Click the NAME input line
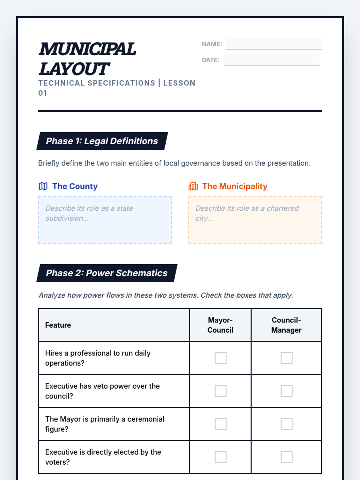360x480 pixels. click(274, 44)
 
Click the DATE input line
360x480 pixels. click(271, 60)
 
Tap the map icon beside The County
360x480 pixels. click(43, 186)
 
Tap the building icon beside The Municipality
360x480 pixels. click(193, 186)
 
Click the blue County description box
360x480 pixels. click(105, 220)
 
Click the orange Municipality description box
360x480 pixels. click(255, 220)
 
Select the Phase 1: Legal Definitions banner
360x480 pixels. click(102, 141)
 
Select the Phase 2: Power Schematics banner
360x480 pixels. click(106, 273)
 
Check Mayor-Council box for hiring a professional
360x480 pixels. click(220, 358)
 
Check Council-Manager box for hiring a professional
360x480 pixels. click(286, 358)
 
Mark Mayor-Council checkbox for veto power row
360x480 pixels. click(220, 391)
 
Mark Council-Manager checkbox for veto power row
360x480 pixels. click(286, 391)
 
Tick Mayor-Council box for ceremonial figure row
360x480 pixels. click(220, 424)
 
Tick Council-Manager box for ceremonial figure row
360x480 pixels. click(286, 424)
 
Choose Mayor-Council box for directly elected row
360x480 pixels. click(220, 457)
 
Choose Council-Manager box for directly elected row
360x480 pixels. click(286, 457)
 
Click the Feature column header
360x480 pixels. click(58, 325)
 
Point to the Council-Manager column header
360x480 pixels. click(286, 325)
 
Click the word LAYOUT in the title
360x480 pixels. click(74, 69)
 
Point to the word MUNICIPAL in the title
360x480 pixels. click(87, 49)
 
